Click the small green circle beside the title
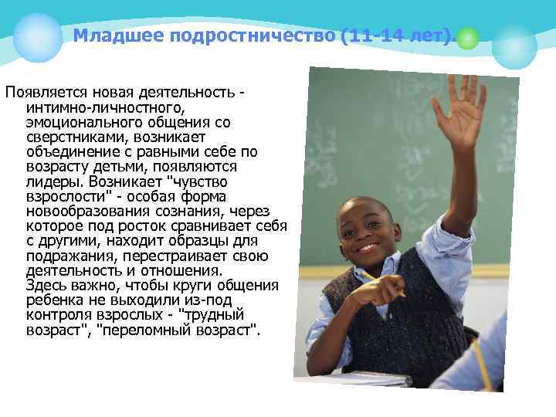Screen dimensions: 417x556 click(x=468, y=38)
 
